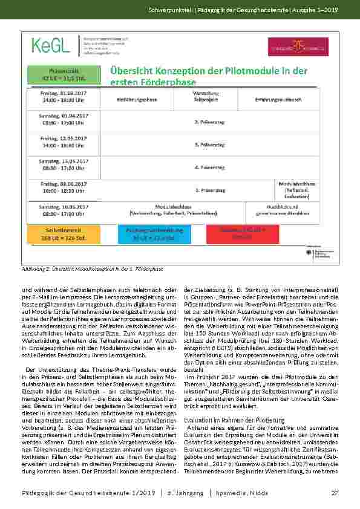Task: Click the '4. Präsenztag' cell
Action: point(206,166)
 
